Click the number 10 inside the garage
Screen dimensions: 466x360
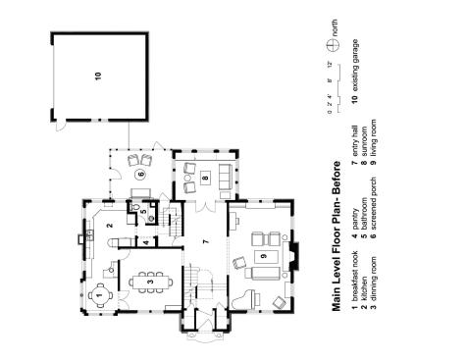point(98,76)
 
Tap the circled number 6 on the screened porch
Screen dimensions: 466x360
point(141,174)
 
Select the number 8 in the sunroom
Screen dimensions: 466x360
point(205,178)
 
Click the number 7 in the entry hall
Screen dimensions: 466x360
point(205,242)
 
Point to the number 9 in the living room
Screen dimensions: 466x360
point(264,256)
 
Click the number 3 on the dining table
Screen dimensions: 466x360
point(150,282)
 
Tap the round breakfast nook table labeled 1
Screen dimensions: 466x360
point(100,295)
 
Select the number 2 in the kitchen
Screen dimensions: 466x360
point(110,225)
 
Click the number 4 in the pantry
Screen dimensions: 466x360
point(146,242)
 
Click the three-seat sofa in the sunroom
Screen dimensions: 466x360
point(225,177)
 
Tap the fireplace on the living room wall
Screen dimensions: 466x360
point(293,256)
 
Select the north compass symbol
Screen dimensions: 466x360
point(333,44)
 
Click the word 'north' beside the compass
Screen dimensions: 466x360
point(335,27)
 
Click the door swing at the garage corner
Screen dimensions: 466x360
point(61,127)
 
